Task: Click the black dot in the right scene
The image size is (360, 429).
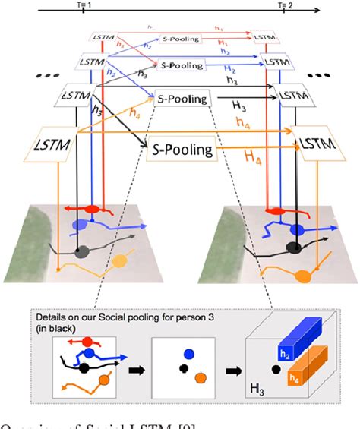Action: [x=292, y=247]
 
